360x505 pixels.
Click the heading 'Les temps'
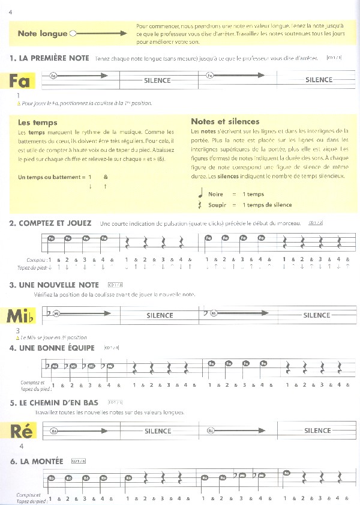pos(34,122)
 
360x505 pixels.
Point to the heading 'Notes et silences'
pos(225,121)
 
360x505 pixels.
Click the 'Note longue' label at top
pos(43,34)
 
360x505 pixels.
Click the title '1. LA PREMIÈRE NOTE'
pos(50,59)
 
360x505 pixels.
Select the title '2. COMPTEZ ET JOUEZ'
pos(50,223)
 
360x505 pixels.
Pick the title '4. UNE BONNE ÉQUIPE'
pos(53,348)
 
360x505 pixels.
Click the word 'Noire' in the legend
pos(215,195)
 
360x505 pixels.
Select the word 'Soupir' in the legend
pos(217,205)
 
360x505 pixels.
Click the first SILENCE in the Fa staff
pos(158,80)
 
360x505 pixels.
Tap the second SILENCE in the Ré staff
pos(317,431)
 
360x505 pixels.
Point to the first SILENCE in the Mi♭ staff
pos(160,315)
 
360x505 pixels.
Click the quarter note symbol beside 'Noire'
pos(200,193)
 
